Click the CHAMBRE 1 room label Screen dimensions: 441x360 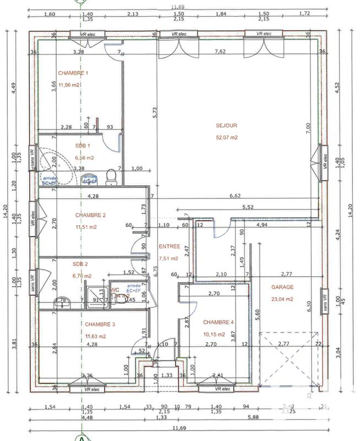[73, 73]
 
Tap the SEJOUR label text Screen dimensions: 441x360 [227, 125]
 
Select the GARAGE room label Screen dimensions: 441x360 [282, 287]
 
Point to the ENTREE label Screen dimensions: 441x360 [168, 246]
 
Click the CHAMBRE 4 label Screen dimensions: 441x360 [218, 322]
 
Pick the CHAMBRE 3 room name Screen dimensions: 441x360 [100, 324]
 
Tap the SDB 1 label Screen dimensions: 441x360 [83, 146]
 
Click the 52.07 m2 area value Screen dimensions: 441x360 [227, 137]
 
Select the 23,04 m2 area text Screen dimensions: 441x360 [282, 299]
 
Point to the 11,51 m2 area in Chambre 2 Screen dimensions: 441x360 [86, 227]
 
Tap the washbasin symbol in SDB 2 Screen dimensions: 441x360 [61, 302]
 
